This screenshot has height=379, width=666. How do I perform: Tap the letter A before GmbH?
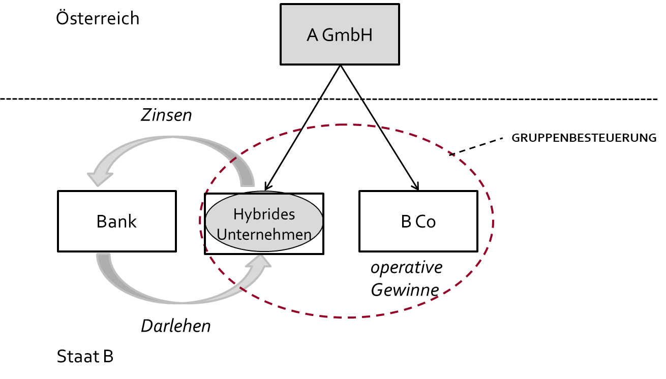pos(312,35)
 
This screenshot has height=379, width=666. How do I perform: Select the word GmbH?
pos(347,35)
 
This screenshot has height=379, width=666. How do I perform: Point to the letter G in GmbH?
pos(328,35)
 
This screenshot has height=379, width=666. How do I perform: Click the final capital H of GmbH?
pos(367,35)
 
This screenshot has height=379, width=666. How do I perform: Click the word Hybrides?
pos(264,214)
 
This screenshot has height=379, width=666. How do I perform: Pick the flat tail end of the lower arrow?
pos(104,255)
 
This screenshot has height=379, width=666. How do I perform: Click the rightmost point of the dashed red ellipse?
pos(493,221)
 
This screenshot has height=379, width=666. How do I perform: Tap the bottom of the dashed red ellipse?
pos(351,318)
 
